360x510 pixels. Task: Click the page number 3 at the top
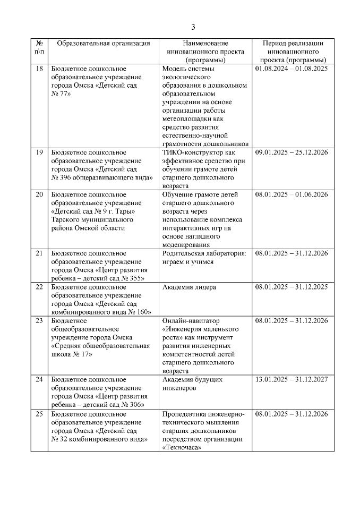coord(193,27)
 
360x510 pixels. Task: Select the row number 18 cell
coord(39,69)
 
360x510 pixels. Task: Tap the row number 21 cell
coord(39,253)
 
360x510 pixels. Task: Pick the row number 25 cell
coord(39,414)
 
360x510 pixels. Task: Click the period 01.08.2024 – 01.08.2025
coord(292,69)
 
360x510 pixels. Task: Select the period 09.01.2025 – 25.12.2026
coord(292,152)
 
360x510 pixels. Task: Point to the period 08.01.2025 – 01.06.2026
coord(292,194)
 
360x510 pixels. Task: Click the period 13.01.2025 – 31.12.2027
coord(292,379)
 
